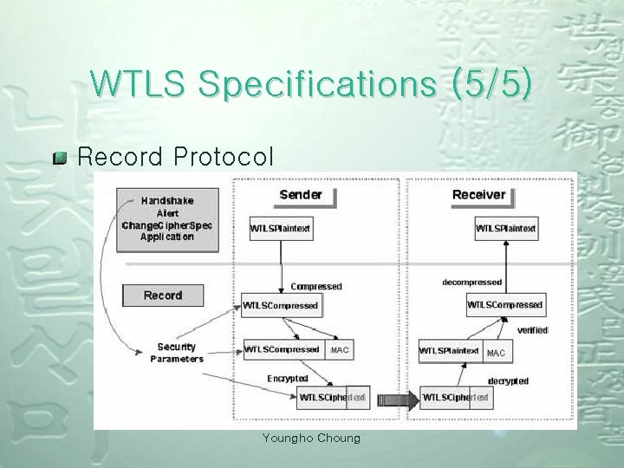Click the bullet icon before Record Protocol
(x=60, y=159)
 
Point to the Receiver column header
(x=478, y=194)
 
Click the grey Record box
(x=163, y=295)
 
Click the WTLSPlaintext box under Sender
(x=281, y=229)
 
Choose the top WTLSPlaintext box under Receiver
(x=507, y=229)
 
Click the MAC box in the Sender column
(x=339, y=350)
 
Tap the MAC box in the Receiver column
(x=495, y=353)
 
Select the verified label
(x=532, y=330)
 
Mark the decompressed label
(x=472, y=282)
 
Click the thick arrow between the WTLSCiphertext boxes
(x=394, y=400)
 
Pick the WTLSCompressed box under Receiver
(x=504, y=305)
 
